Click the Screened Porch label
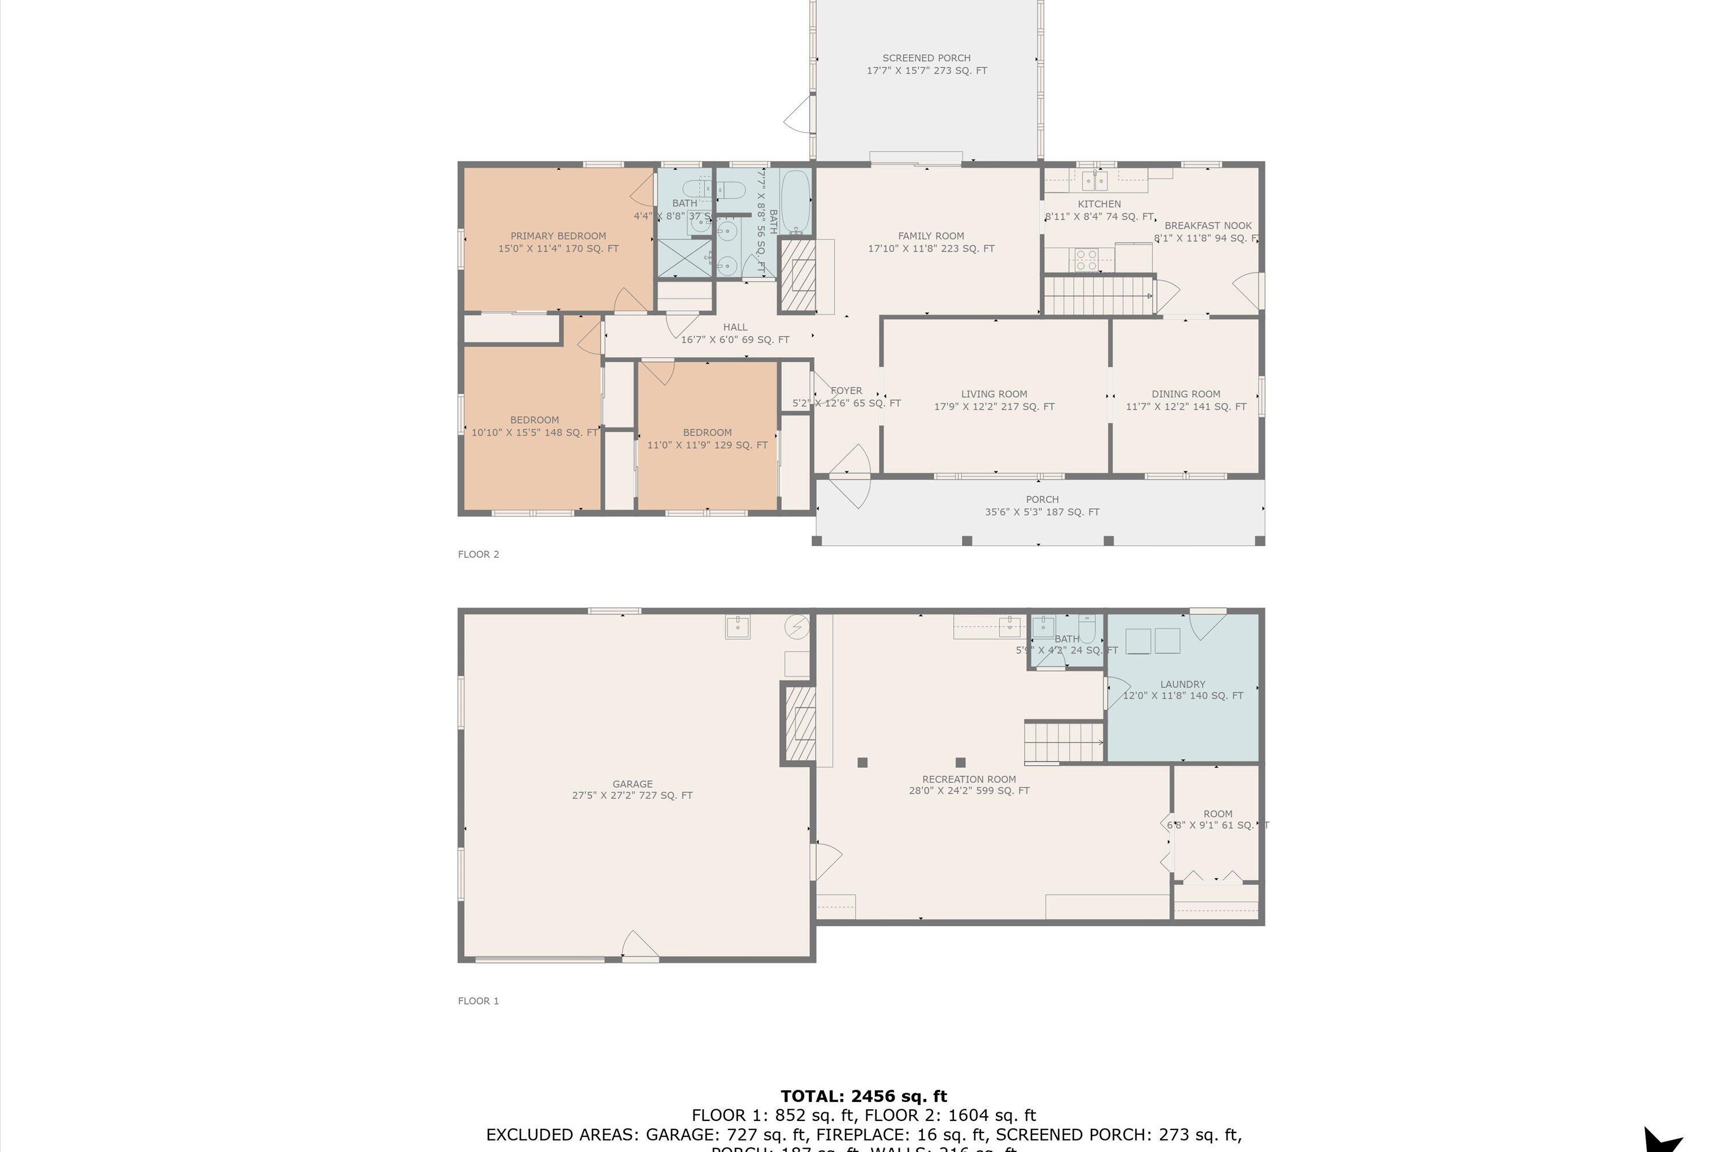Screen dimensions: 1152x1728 [x=926, y=58]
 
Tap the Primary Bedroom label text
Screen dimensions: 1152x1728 [x=558, y=236]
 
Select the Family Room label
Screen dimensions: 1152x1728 [x=931, y=236]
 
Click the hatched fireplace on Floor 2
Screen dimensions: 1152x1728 [x=797, y=275]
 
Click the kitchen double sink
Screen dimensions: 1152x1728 [x=1095, y=180]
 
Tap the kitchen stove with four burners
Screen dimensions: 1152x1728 [x=1086, y=259]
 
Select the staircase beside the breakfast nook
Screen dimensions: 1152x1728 [x=1098, y=294]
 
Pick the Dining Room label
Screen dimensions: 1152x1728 [x=1186, y=394]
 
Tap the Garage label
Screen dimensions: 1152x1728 [x=632, y=784]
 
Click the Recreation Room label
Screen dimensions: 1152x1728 [x=969, y=779]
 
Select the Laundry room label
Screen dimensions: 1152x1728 [x=1182, y=684]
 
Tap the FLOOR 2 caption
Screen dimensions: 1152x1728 [x=478, y=554]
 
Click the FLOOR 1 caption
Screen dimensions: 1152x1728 [x=478, y=1001]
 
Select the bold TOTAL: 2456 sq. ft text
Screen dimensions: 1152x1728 [x=863, y=1097]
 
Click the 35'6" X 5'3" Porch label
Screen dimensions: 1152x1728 [x=1042, y=512]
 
